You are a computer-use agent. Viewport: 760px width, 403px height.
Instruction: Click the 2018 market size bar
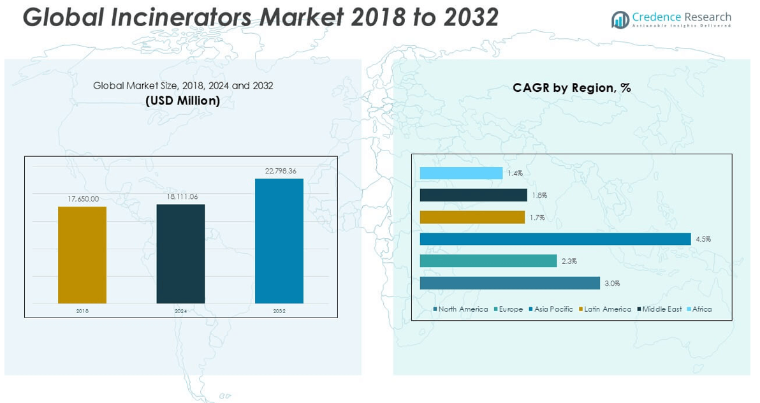(x=82, y=255)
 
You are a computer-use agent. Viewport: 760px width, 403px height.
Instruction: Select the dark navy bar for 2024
(x=180, y=254)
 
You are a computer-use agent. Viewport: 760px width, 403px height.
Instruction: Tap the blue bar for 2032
(x=279, y=241)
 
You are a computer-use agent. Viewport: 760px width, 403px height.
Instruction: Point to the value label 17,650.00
(x=83, y=199)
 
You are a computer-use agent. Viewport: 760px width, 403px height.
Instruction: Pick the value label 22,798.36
(x=279, y=171)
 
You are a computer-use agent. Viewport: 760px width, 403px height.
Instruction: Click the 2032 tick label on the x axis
(x=279, y=311)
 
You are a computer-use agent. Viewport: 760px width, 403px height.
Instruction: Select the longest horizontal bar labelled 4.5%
(x=555, y=239)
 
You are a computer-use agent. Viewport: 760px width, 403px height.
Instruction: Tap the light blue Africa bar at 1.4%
(x=461, y=173)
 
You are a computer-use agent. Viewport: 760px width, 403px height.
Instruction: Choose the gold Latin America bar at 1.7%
(x=472, y=217)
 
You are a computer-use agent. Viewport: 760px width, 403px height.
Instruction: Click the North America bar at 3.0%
(x=509, y=283)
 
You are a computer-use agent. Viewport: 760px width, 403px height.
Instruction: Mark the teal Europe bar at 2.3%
(x=488, y=261)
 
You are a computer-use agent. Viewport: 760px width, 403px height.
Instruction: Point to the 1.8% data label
(x=539, y=196)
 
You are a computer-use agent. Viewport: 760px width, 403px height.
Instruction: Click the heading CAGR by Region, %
(x=571, y=88)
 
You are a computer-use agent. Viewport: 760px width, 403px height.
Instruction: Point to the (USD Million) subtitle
(x=182, y=101)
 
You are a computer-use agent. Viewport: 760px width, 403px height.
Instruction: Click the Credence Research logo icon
(x=620, y=20)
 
